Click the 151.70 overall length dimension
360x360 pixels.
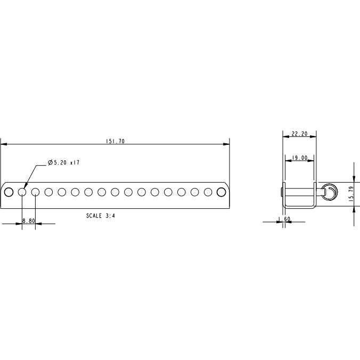115,142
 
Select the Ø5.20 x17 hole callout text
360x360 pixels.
63,162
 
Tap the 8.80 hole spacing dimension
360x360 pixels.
28,220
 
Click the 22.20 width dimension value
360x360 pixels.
299,134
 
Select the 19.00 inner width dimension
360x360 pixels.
299,158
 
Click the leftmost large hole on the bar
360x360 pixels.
9,192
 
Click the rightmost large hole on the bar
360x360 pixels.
221,192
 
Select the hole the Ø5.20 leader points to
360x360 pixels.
22,192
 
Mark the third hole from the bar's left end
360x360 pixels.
35,192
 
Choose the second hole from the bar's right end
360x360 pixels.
208,192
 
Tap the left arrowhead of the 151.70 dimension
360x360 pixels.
4,144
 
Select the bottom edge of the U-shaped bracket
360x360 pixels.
299,207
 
